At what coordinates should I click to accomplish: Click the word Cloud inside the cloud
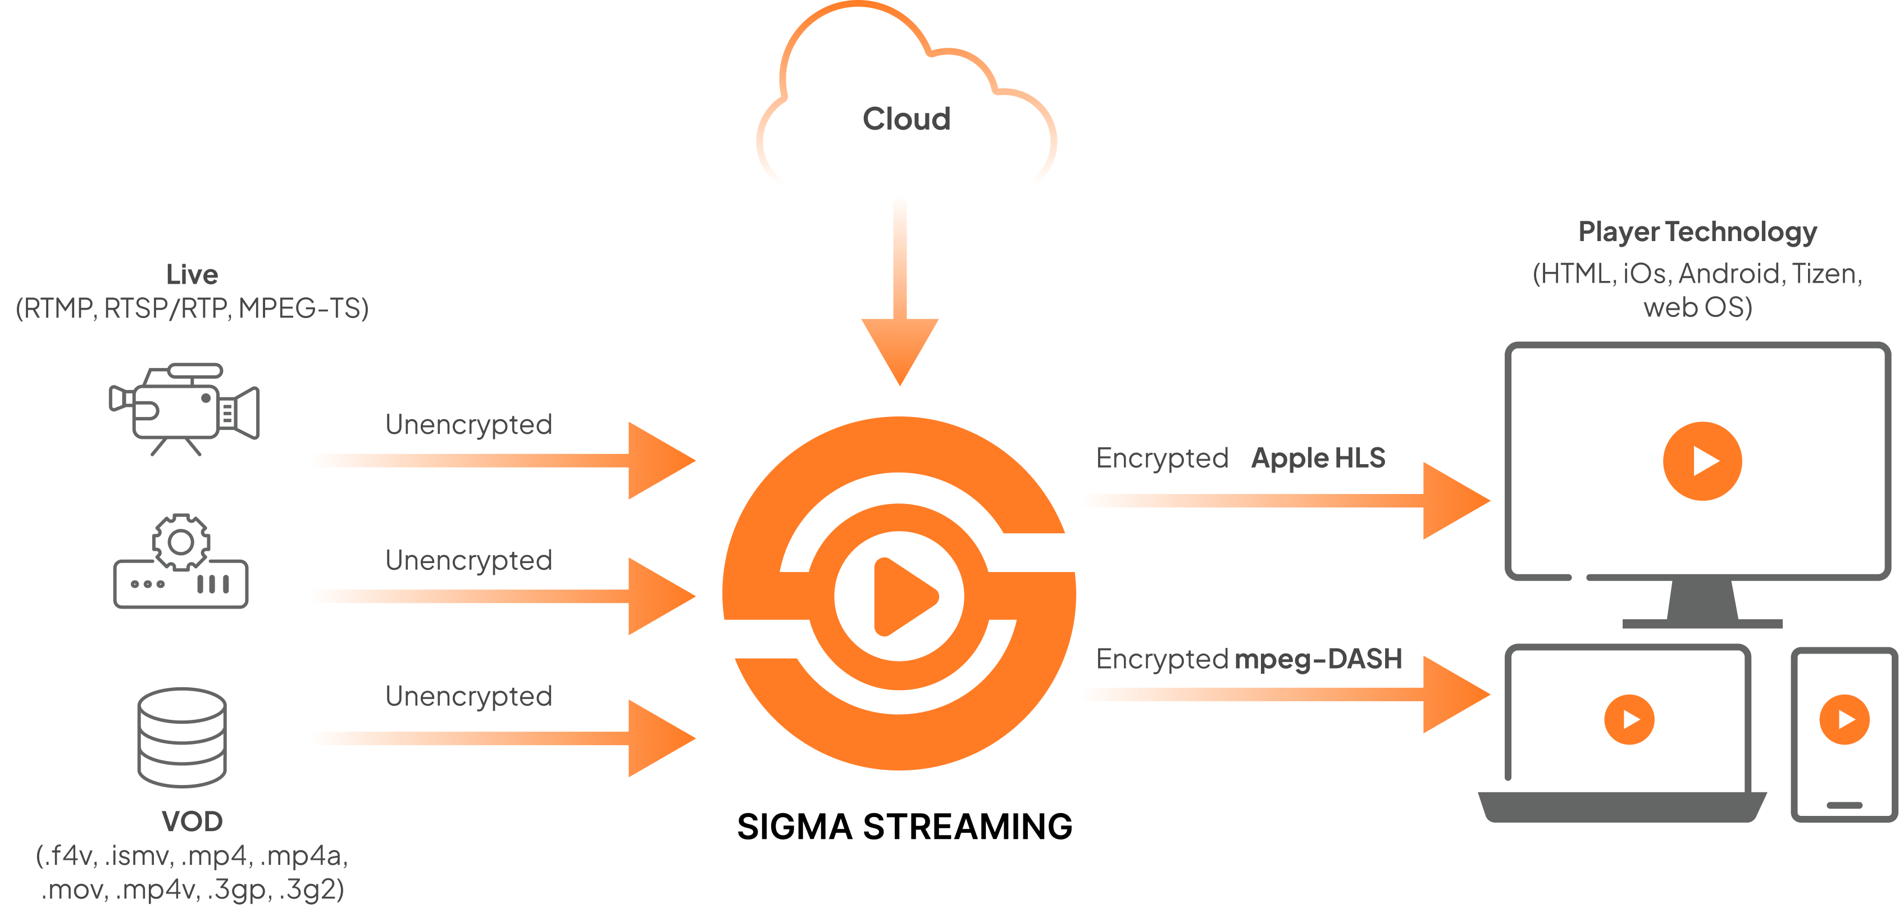906,119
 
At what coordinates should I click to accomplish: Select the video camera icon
185,408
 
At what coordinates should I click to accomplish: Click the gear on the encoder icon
181,542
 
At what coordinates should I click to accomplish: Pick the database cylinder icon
182,737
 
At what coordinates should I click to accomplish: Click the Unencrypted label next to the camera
469,425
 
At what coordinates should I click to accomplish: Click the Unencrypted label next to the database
469,696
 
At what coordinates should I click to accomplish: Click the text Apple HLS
1318,458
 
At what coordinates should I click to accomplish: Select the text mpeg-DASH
1318,659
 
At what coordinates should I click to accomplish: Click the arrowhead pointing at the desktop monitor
1454,501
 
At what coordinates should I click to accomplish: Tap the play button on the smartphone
1844,719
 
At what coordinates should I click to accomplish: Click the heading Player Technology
1697,232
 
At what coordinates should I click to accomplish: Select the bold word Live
192,274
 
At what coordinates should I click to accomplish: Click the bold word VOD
192,822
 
